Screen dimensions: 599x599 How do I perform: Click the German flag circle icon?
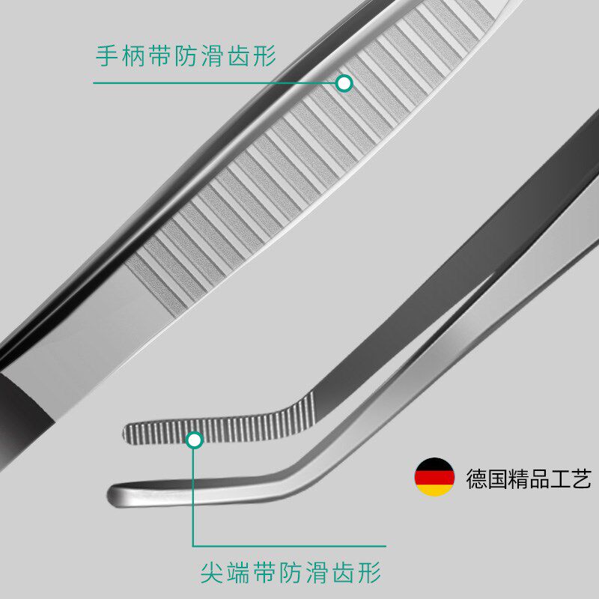[434, 477]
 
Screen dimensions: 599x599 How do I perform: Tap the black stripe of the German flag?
[434, 465]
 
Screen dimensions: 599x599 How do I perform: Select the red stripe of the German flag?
[434, 477]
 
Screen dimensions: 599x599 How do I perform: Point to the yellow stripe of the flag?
[434, 489]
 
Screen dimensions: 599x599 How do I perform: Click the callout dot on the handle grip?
[344, 82]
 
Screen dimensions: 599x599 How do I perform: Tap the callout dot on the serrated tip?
[195, 440]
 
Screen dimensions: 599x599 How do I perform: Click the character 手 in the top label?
[106, 56]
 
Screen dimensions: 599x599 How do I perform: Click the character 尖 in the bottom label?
[212, 574]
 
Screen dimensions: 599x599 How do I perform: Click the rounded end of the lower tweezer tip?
[115, 494]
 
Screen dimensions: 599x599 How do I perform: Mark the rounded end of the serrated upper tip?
[127, 431]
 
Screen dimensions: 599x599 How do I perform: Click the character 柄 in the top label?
[133, 56]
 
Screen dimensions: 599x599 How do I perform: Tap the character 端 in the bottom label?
[238, 574]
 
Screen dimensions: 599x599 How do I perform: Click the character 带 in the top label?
[159, 56]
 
